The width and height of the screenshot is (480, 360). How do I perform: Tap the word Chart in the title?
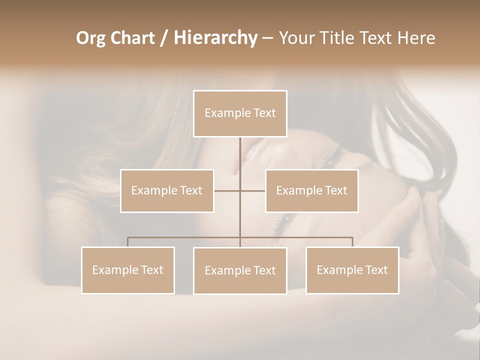(133, 38)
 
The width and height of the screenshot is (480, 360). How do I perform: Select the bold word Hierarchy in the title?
(215, 38)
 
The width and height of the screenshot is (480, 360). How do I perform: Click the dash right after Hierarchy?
(267, 38)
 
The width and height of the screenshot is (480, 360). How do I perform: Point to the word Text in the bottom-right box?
(375, 270)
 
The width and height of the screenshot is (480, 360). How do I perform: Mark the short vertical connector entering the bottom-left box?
(128, 242)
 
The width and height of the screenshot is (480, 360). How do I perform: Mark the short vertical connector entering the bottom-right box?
(352, 242)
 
